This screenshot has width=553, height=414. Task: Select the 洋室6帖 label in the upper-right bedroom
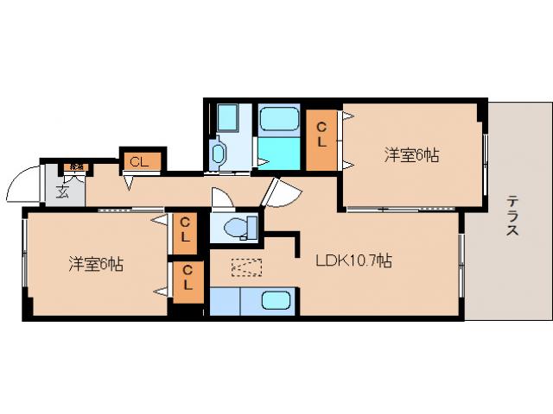tap(411, 155)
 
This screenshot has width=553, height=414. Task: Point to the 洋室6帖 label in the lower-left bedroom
tap(96, 265)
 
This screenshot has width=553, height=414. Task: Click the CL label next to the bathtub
tap(321, 133)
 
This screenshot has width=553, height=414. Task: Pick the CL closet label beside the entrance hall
tap(139, 160)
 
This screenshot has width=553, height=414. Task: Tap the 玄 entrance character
tap(63, 191)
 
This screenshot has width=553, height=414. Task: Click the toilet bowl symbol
tap(236, 228)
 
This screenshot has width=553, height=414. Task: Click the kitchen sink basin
tap(276, 302)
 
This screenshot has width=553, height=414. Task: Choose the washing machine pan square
tap(230, 117)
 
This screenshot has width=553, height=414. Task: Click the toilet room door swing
tap(222, 198)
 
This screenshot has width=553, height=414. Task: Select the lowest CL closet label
tap(188, 279)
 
